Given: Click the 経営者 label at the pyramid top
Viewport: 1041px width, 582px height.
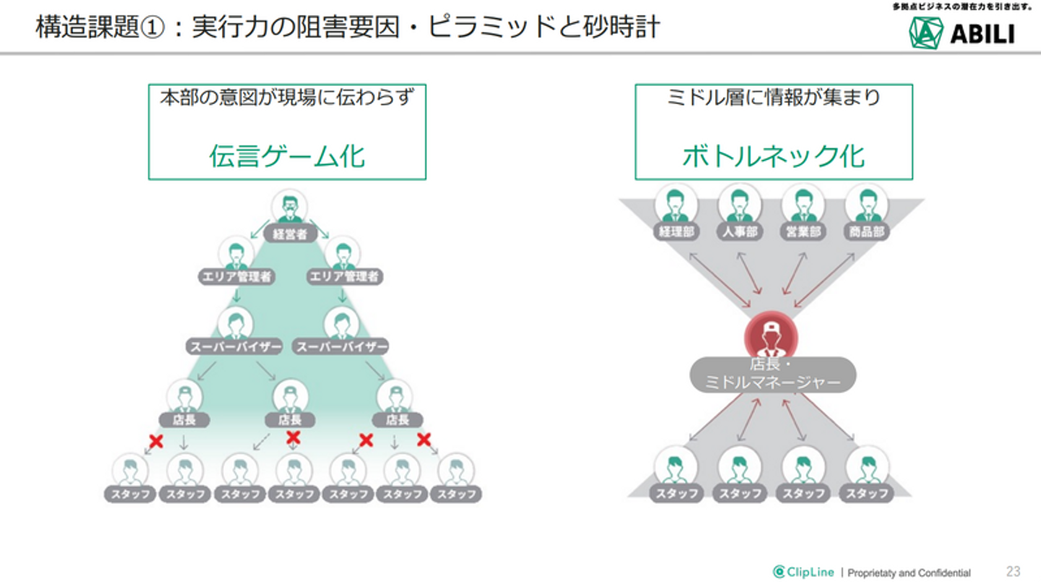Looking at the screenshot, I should pos(290,234).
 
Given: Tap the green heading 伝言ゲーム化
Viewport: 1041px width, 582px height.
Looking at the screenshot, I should pos(287,155).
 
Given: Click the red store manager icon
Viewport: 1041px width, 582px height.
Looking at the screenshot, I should pos(771,335).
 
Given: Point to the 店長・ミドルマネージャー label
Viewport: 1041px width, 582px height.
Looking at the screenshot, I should pos(772,374).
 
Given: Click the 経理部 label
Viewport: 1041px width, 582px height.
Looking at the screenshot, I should pos(677,233).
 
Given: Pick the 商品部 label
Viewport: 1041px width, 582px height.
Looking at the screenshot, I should pos(867,233).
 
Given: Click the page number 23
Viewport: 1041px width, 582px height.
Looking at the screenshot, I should pos(1013,571).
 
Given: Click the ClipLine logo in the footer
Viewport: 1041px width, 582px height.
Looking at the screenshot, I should pos(803,572).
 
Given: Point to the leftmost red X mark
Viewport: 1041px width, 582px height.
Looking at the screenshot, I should pos(155,441).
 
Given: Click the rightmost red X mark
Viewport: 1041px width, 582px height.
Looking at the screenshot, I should pos(424,439).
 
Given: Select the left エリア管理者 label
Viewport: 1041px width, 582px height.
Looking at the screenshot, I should pos(236,276).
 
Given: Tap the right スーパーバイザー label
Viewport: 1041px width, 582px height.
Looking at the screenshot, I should pos(341,347).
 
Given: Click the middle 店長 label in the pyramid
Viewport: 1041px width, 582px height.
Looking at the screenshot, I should pos(291,419).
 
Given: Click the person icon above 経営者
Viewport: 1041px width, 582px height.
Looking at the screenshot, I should pos(289,207).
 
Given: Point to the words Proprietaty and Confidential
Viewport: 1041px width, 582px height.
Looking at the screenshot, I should pos(909,573).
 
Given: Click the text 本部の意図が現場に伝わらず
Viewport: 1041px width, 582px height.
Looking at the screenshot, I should pos(287,97).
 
